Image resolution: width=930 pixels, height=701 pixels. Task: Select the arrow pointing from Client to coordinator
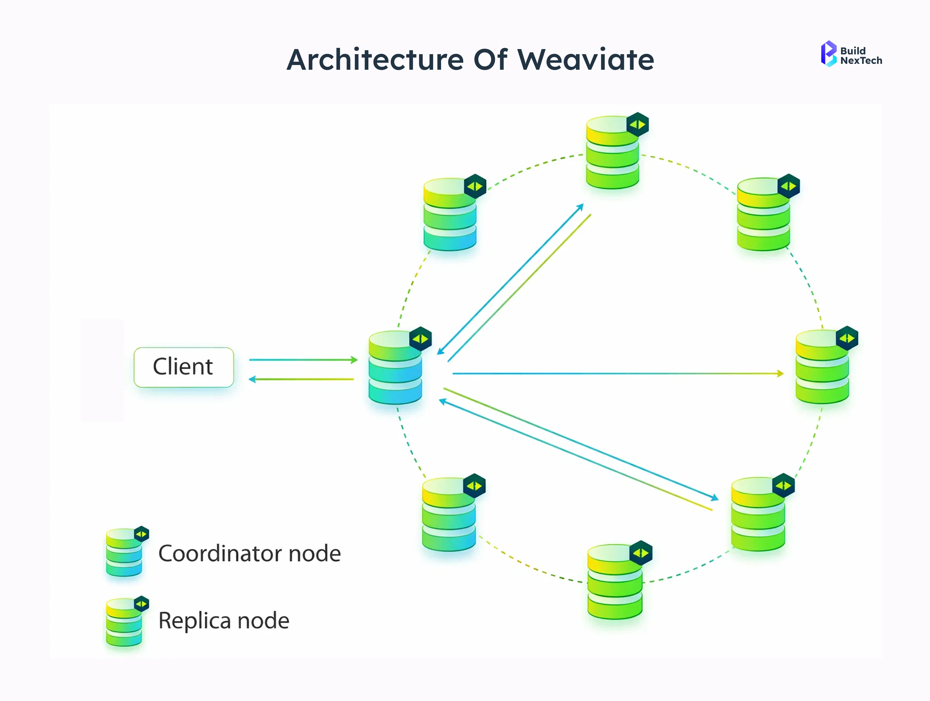303,360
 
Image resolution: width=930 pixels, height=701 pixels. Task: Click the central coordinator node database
395,368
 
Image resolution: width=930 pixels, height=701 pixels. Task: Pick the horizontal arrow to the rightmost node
618,374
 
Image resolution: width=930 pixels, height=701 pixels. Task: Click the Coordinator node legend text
249,554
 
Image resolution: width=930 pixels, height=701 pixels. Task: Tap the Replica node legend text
224,621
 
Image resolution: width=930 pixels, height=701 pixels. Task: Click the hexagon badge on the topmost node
637,124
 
